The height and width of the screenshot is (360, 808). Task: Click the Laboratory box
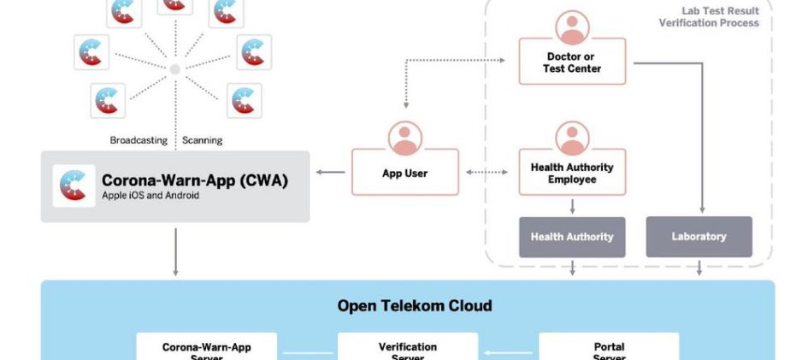[x=699, y=237]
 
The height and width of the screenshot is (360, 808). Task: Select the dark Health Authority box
[x=572, y=237]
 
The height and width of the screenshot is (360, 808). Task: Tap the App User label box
[x=404, y=174]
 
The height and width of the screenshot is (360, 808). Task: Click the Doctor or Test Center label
[x=572, y=63]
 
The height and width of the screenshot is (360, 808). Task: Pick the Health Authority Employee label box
[x=572, y=174]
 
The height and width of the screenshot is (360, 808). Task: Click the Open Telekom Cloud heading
[x=414, y=306]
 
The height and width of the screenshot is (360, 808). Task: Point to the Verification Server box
[x=408, y=348]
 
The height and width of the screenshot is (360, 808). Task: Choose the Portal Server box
[x=609, y=348]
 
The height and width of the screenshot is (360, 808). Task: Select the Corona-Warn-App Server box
[x=207, y=348]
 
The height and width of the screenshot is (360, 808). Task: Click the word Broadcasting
[x=139, y=140]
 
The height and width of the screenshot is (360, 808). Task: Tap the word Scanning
[x=203, y=140]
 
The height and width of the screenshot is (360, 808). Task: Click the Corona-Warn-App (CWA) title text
[x=195, y=180]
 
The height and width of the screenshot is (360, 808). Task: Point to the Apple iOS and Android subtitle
[x=150, y=196]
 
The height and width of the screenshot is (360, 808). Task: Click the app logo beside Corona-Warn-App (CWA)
[x=74, y=186]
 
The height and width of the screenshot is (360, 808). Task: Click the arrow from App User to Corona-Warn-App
[x=331, y=173]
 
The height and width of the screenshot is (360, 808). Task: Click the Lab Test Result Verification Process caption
[x=709, y=17]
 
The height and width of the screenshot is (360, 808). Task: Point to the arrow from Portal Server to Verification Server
[x=508, y=351]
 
